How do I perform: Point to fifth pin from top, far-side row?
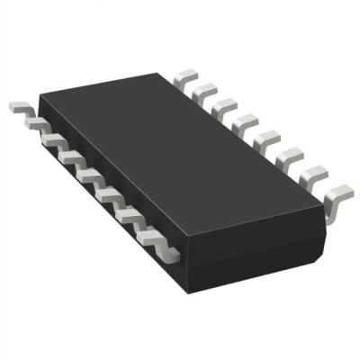(x=264, y=137)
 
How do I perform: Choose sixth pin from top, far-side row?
(x=285, y=154)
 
